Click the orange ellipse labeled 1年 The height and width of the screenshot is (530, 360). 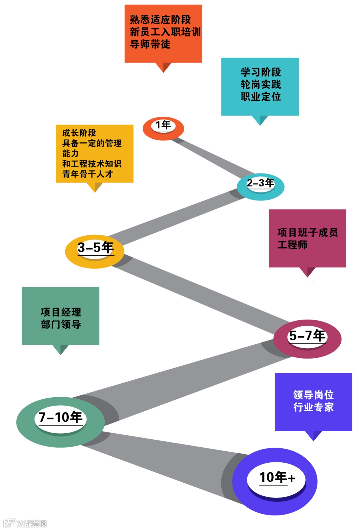(163, 128)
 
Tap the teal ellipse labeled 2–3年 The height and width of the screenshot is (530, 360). (260, 186)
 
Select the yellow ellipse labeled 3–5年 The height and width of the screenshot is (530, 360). (95, 251)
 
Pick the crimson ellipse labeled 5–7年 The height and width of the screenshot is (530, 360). (307, 339)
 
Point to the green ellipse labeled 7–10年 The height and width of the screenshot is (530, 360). (60, 422)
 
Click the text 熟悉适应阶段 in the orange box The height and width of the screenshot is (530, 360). (160, 20)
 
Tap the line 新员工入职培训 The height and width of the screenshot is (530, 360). (165, 32)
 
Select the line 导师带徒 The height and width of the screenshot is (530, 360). (150, 44)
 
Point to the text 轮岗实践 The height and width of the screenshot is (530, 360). (260, 84)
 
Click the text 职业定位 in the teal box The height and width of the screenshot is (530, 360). (260, 97)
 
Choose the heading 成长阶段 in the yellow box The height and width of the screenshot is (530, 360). (79, 133)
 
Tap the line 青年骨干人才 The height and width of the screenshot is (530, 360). (87, 174)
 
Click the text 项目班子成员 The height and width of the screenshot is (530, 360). (307, 232)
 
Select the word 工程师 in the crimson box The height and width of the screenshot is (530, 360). (292, 245)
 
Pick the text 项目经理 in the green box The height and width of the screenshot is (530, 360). (61, 312)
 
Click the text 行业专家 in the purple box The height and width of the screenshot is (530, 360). (313, 407)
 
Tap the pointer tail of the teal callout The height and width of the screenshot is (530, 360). (260, 120)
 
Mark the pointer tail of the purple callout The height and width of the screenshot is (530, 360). (313, 435)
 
